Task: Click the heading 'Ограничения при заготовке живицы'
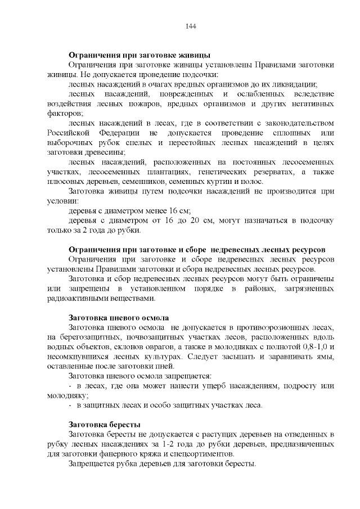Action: [x=139, y=55]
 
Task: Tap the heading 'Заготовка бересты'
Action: [x=104, y=424]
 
